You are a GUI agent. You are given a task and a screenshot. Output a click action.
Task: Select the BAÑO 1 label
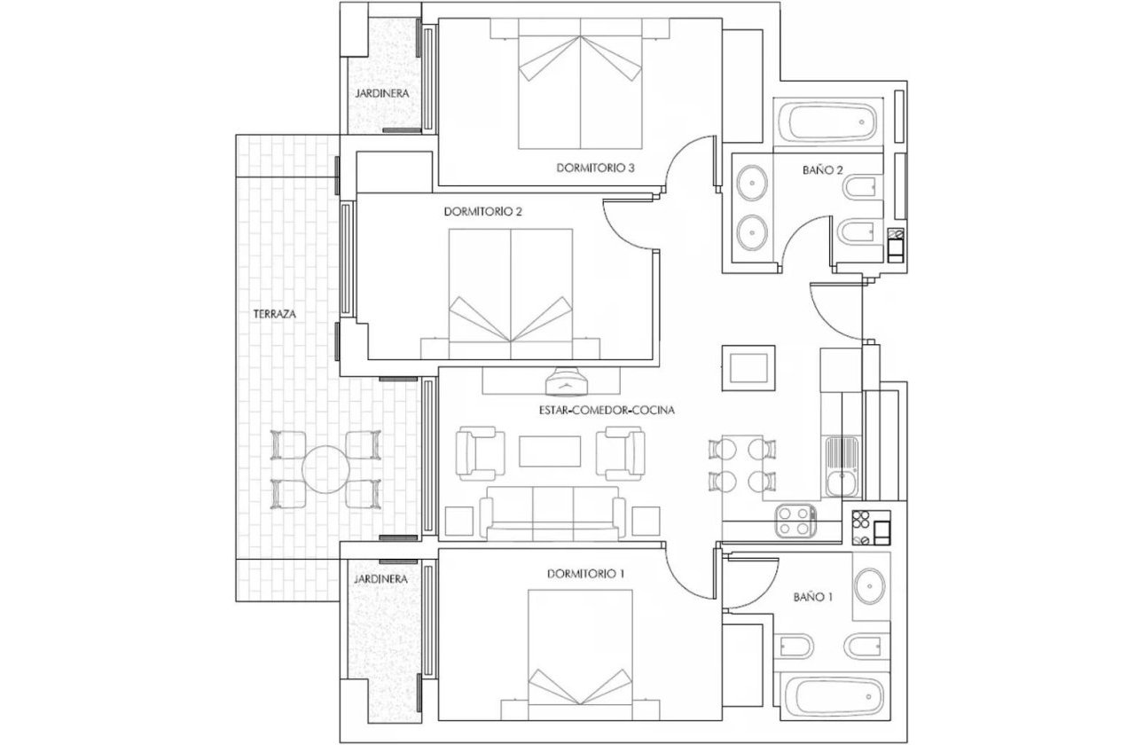tap(813, 598)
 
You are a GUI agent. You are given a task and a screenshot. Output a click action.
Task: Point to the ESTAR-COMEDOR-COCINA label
tap(607, 411)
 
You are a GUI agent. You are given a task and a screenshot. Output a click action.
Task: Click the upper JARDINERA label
tap(380, 92)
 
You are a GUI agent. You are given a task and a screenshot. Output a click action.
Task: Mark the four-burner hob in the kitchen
tap(795, 521)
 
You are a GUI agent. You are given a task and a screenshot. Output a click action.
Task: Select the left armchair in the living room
tap(480, 451)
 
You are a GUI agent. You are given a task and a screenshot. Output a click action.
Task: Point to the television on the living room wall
tap(567, 381)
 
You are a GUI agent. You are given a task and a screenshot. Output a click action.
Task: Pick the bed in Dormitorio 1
tap(580, 647)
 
